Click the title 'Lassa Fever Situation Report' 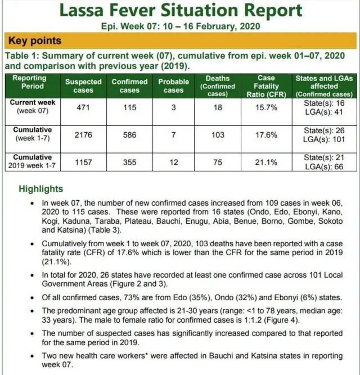[x=180, y=11]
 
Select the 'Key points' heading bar [x=180, y=41]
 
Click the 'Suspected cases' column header [x=83, y=86]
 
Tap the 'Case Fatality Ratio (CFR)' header [x=266, y=86]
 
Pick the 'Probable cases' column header [x=173, y=86]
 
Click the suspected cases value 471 [x=83, y=107]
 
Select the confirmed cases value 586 [x=129, y=135]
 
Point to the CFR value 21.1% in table [x=266, y=162]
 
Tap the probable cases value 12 [x=173, y=162]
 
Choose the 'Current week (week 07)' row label [x=33, y=107]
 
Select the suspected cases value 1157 [x=83, y=162]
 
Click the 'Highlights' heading [x=40, y=189]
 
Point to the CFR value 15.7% [x=266, y=107]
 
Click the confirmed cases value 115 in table [x=129, y=107]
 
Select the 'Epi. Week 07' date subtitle [x=180, y=26]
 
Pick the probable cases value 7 [x=173, y=135]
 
